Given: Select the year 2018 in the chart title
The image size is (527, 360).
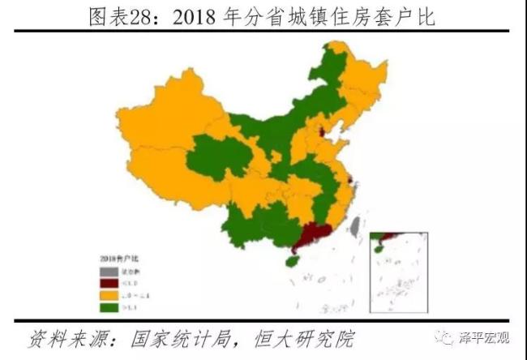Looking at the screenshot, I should [196, 17].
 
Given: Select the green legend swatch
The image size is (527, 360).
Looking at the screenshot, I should [105, 309].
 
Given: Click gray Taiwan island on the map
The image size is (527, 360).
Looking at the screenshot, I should [355, 223].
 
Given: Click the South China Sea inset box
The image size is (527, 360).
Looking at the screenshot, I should [398, 276].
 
